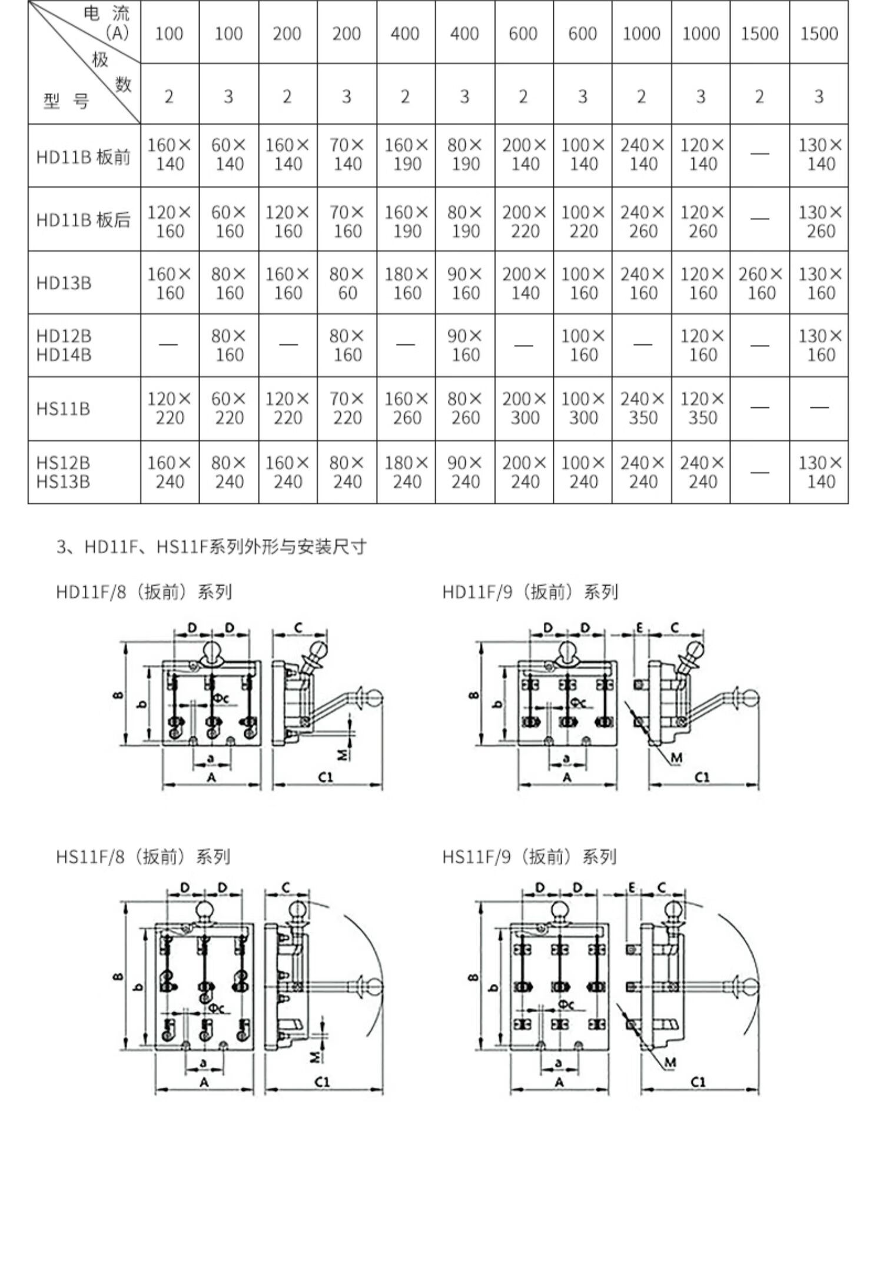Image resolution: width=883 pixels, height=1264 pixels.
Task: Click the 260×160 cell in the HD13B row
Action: click(x=760, y=283)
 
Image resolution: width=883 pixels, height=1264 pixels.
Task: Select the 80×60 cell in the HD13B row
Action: click(x=347, y=283)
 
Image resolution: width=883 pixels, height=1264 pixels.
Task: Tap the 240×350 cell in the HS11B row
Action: click(x=642, y=408)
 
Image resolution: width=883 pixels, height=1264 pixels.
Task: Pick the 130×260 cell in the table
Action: click(x=819, y=221)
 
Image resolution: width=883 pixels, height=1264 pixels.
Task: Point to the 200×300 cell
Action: click(x=524, y=408)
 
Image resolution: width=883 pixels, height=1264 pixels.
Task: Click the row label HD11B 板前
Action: click(x=83, y=157)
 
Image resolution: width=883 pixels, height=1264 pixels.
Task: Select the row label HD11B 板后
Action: click(x=83, y=220)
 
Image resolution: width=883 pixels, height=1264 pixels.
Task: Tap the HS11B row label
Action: click(x=63, y=408)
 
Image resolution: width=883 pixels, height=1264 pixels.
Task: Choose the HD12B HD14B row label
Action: click(x=64, y=345)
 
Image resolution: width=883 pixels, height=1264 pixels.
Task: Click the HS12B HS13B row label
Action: click(x=63, y=472)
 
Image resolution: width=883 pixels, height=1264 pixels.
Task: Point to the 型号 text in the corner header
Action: click(x=65, y=101)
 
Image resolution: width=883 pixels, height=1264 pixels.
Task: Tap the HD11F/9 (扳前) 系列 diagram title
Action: click(x=530, y=591)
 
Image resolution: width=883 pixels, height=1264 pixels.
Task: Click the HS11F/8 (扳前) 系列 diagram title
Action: click(x=143, y=856)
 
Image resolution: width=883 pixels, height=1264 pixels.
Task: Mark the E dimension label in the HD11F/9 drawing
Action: click(x=639, y=628)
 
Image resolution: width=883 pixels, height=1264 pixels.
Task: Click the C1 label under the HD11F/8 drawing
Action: click(x=326, y=777)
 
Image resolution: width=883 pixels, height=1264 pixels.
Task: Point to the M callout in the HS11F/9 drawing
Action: click(x=670, y=1062)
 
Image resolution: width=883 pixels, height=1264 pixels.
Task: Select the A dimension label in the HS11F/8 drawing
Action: click(x=204, y=1082)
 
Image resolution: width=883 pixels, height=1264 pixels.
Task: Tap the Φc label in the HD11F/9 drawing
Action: click(x=579, y=703)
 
